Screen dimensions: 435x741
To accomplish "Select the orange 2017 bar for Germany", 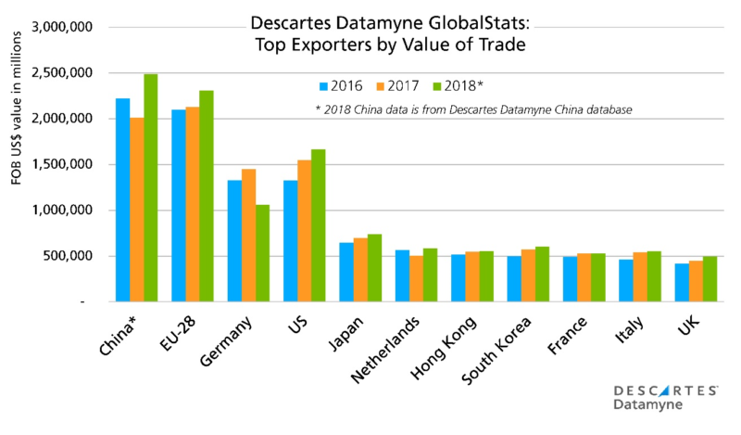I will click(248, 236).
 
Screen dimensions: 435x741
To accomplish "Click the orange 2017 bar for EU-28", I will click(192, 211).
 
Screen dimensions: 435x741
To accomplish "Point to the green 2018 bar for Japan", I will click(374, 268).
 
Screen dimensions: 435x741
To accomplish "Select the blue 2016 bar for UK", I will click(681, 283).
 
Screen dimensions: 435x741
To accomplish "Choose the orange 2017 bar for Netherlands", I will click(416, 279).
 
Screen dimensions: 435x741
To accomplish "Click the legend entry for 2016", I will click(335, 86).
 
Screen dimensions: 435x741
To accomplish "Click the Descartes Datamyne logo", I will click(665, 398).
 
